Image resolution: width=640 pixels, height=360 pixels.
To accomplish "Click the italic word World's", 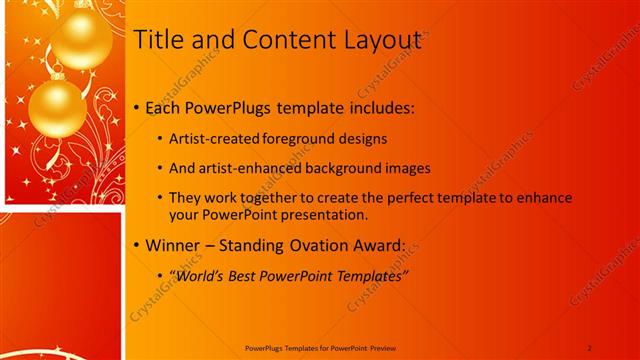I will tap(202, 276).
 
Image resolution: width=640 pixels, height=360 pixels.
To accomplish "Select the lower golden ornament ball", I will tap(57, 107).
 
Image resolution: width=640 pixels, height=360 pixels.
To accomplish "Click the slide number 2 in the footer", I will tap(590, 347).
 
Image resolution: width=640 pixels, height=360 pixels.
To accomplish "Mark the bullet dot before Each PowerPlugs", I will tap(138, 108).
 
